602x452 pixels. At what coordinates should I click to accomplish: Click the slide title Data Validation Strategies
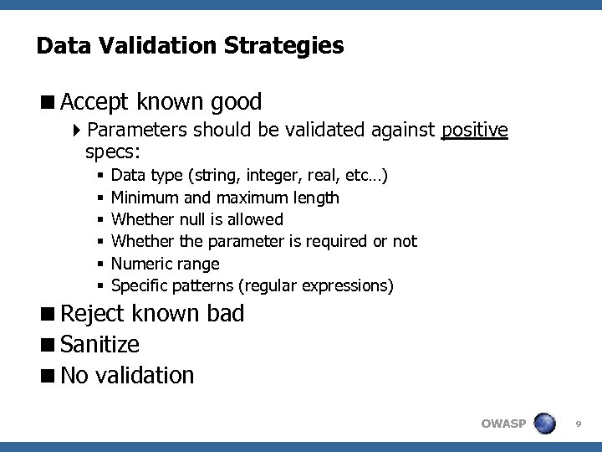[x=190, y=45]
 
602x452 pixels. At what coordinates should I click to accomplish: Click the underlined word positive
[x=474, y=130]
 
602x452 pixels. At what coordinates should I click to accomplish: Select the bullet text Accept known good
[x=161, y=102]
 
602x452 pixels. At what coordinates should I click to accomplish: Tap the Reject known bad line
[x=152, y=314]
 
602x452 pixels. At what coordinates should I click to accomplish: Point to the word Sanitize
[x=100, y=344]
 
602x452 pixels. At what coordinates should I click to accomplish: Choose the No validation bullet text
[x=127, y=375]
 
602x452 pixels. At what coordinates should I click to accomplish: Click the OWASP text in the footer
[x=503, y=424]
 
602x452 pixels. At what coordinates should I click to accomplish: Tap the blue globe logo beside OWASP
[x=545, y=423]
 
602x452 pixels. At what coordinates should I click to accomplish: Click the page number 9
[x=579, y=424]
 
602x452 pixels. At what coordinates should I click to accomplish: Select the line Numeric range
[x=165, y=264]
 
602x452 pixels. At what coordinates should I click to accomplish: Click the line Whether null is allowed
[x=196, y=219]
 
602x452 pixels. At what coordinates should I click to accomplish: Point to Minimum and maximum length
[x=225, y=198]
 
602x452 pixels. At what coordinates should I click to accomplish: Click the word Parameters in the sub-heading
[x=137, y=130]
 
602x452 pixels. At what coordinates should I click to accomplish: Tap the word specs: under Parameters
[x=113, y=152]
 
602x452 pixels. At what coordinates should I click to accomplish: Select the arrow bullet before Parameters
[x=78, y=130]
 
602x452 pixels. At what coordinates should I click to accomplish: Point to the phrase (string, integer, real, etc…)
[x=288, y=176]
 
